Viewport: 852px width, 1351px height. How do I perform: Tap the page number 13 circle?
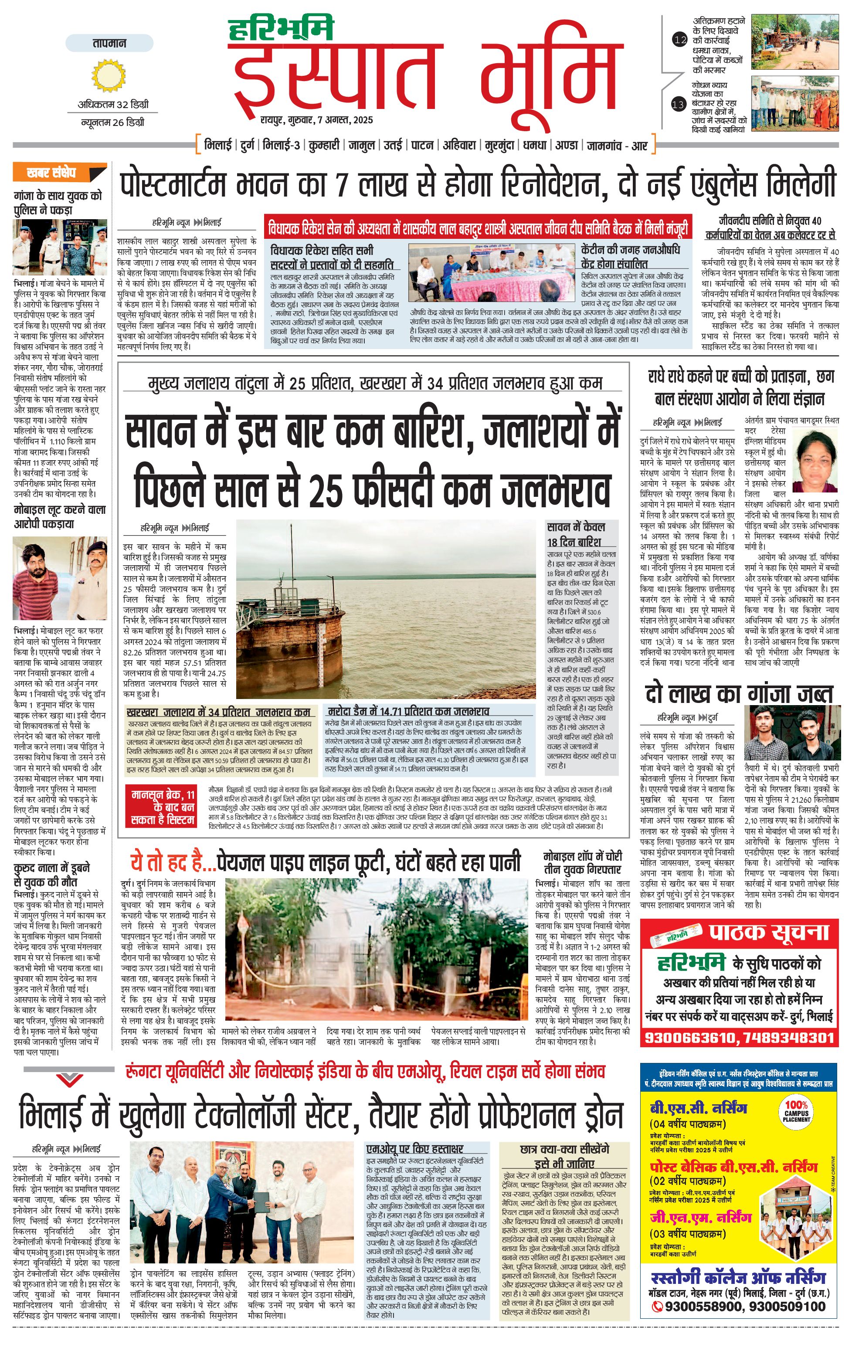click(x=679, y=104)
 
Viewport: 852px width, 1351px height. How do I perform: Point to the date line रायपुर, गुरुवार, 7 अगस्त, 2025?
click(x=316, y=120)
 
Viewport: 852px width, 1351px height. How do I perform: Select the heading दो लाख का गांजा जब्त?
click(x=739, y=695)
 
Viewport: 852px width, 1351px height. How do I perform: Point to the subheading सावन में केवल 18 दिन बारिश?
click(x=577, y=534)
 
